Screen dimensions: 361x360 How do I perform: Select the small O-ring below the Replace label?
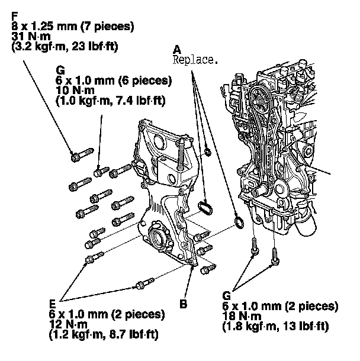pos(208,153)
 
